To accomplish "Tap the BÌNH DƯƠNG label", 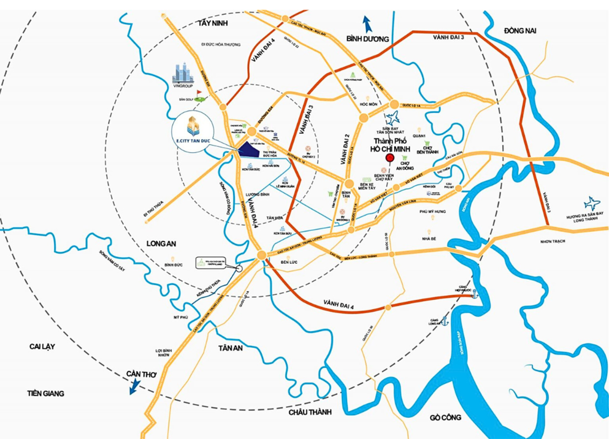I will (x=367, y=39).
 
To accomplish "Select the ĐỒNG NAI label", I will (x=520, y=30).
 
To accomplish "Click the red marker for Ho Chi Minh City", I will (x=389, y=159).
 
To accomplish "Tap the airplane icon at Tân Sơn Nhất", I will (x=394, y=116).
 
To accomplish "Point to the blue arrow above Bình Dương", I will (x=367, y=23).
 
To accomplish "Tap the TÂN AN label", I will (x=230, y=348).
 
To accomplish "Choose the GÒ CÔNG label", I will (x=445, y=418).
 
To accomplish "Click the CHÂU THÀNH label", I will (x=309, y=412).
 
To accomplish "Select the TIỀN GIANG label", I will (x=46, y=394).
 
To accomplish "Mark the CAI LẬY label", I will (x=42, y=347).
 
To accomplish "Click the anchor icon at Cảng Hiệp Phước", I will (x=473, y=295).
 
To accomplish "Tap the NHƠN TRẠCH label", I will (x=552, y=241).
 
